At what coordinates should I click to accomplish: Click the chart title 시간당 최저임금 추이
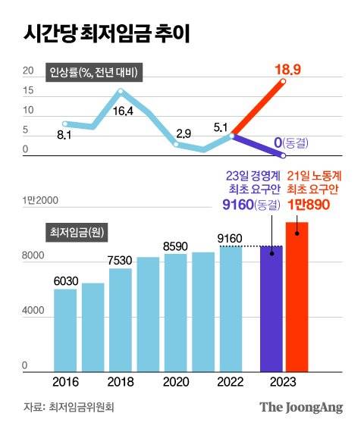tap(107, 33)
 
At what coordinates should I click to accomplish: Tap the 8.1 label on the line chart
tap(64, 136)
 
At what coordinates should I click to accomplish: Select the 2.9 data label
tap(183, 133)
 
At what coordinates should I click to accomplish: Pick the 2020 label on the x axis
tap(175, 380)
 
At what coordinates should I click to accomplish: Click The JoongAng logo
tap(301, 407)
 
